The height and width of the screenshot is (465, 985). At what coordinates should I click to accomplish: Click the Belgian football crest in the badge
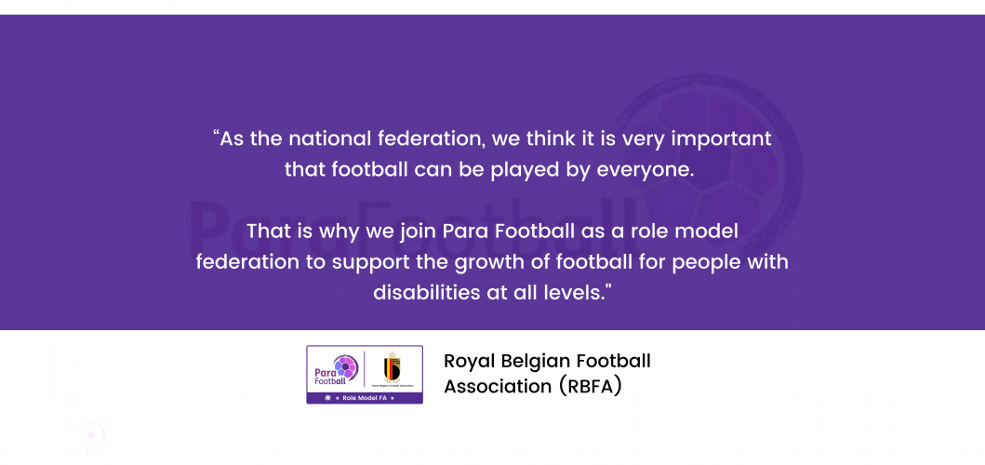coord(392,366)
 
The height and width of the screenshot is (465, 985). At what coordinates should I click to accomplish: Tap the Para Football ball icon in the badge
coord(345,366)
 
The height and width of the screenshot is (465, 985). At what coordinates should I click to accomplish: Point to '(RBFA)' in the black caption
coord(590,387)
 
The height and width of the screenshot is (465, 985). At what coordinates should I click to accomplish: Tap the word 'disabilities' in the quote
coord(425,292)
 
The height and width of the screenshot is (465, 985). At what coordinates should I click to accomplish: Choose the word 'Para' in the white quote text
coord(465,232)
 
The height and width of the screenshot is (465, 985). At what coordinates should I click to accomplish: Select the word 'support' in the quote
coord(370,262)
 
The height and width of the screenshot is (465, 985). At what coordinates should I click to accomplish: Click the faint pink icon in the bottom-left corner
coord(92,436)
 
